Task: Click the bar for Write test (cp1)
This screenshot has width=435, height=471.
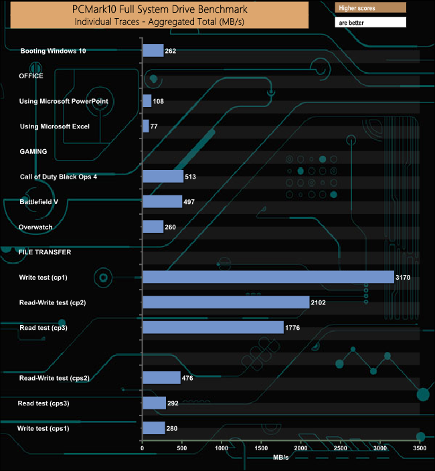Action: (x=268, y=277)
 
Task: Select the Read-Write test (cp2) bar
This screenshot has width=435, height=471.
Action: (x=226, y=302)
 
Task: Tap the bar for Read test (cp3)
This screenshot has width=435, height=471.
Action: (x=213, y=327)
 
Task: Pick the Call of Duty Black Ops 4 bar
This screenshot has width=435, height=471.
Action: (x=163, y=177)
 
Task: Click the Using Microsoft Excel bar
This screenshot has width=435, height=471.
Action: (x=146, y=126)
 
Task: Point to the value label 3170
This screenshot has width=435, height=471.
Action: (x=402, y=277)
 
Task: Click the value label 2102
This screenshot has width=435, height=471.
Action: (x=319, y=302)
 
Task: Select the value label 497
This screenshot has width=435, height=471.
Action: (x=189, y=202)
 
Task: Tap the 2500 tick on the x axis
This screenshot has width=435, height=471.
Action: (x=341, y=448)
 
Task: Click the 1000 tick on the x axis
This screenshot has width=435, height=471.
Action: (x=222, y=448)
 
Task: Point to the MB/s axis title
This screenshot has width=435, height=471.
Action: (x=281, y=458)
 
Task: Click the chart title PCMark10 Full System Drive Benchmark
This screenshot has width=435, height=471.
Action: (x=159, y=10)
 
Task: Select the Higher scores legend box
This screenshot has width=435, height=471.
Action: (x=370, y=8)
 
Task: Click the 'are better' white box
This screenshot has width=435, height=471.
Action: (x=370, y=22)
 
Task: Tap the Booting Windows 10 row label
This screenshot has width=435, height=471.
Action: (x=53, y=51)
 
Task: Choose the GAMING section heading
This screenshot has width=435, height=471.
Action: (x=33, y=151)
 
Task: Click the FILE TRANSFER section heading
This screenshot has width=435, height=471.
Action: (x=45, y=252)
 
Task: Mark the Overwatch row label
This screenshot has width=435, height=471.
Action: (x=36, y=227)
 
